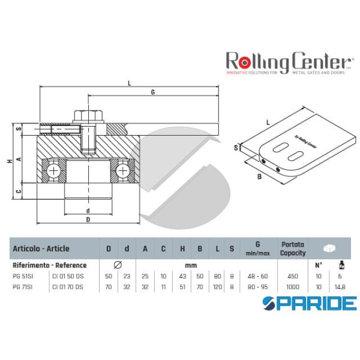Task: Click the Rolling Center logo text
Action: coord(287,61)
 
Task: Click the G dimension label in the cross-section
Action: coord(153,92)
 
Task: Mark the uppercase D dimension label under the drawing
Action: coord(88,220)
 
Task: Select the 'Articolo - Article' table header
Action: coord(41,248)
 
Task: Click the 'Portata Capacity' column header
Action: coord(292,248)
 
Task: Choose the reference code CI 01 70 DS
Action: coord(68,286)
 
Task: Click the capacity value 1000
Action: coord(292,286)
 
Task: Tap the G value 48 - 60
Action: coord(257,276)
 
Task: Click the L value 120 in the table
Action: coord(217,286)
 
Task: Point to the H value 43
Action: coord(182,276)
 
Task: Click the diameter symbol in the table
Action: coord(117,265)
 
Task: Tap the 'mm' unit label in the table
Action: coord(191,265)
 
